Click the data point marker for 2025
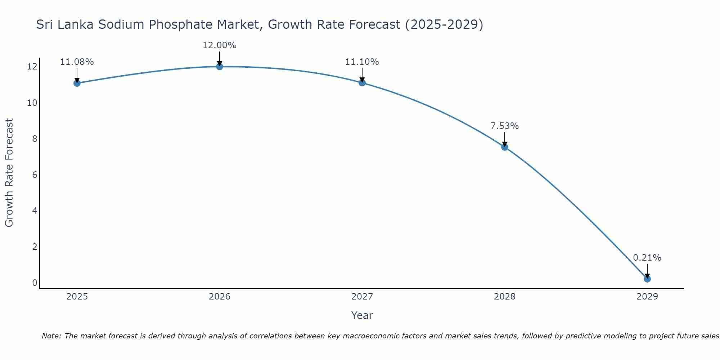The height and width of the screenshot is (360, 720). [77, 83]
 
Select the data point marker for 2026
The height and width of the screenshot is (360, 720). [219, 66]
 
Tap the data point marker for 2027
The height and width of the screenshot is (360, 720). [362, 83]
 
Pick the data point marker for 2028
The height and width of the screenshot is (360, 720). [504, 147]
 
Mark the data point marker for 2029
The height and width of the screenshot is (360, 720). [647, 279]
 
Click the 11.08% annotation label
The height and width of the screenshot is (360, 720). [77, 62]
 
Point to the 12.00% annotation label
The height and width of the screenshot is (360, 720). [219, 45]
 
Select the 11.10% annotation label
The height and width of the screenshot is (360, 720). [362, 62]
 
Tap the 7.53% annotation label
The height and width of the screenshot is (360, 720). [504, 126]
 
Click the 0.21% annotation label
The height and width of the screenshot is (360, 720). [647, 258]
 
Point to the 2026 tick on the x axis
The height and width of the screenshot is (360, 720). [220, 297]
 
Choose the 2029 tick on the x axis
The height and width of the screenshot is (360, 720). [647, 297]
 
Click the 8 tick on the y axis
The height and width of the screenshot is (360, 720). [35, 139]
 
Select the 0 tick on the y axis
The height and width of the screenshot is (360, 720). [35, 283]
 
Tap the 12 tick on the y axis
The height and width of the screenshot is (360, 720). [32, 67]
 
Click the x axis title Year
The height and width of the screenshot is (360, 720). [362, 315]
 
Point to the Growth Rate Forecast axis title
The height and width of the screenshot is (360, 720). [9, 172]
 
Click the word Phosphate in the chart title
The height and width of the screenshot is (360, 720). [181, 24]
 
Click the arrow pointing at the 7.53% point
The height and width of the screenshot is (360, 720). [504, 139]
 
